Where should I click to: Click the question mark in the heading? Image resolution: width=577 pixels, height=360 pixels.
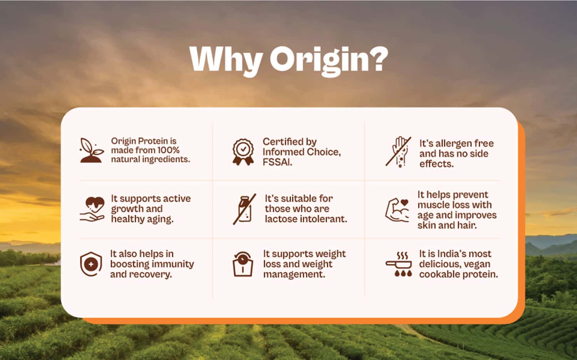[377, 59]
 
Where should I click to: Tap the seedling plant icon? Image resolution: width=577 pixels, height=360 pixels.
[92, 151]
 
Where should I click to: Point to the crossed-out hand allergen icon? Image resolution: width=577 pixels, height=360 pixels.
[399, 152]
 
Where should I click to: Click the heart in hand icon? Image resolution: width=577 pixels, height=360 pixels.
[92, 209]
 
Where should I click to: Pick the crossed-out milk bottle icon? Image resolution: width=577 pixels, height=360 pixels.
[244, 209]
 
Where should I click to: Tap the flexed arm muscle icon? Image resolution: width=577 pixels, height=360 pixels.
[398, 210]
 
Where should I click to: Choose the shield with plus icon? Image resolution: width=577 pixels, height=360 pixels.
[91, 265]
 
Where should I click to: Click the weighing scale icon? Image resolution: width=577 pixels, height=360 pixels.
[243, 265]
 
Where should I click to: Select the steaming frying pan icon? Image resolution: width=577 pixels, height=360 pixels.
[399, 265]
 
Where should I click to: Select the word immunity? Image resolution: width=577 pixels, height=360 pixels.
[173, 264]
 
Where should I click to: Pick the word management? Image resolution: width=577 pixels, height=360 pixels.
[294, 275]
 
